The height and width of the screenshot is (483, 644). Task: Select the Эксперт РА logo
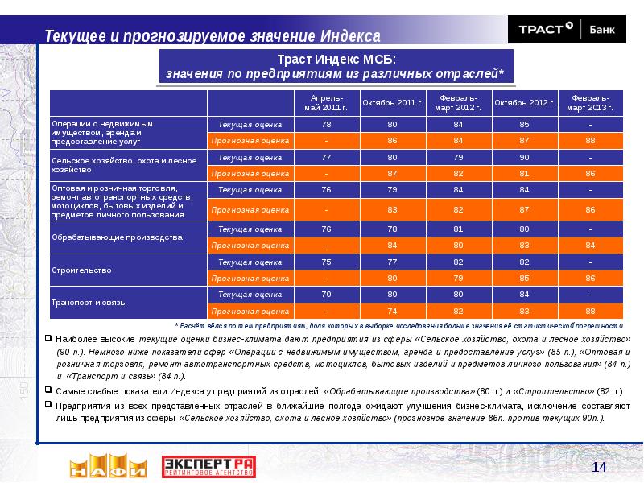point(208,467)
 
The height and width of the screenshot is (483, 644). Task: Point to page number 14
point(598,468)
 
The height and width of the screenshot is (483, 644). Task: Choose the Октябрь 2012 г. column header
point(524,103)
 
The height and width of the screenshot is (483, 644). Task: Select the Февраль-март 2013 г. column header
point(590,103)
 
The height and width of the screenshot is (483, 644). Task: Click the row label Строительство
point(81,270)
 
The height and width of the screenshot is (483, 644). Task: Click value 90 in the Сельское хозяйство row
point(524,157)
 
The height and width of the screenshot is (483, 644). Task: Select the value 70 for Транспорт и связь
point(326,295)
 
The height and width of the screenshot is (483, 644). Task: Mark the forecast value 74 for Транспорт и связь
point(392,311)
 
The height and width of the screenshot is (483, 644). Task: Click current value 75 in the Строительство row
point(326,262)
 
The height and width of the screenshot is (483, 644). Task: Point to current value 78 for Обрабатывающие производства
point(392,229)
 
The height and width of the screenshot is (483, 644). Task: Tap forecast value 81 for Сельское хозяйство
point(524,173)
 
